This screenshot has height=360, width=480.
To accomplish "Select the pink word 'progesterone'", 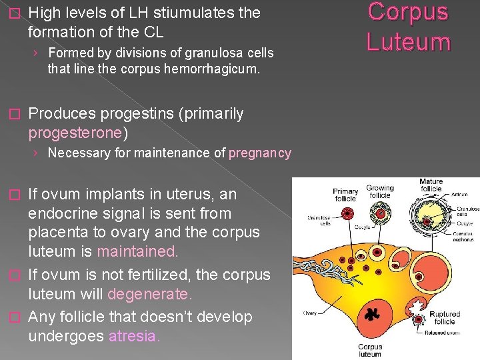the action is tap(75, 133).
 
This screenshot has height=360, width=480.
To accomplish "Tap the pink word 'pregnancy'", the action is tap(260, 153).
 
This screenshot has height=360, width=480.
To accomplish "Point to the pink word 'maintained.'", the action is tap(138, 252).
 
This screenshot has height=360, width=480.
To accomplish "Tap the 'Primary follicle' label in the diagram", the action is tap(345, 195).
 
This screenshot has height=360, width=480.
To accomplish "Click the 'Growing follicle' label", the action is tap(380, 192).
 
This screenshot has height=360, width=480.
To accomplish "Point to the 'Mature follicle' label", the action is tap(431, 185).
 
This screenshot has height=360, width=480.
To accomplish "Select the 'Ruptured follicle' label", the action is tap(445, 318).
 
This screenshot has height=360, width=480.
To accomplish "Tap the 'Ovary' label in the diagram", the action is tap(310, 313).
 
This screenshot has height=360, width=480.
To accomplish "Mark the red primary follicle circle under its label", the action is tap(346, 214).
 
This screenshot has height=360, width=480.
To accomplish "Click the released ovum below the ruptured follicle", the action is tap(418, 331).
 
